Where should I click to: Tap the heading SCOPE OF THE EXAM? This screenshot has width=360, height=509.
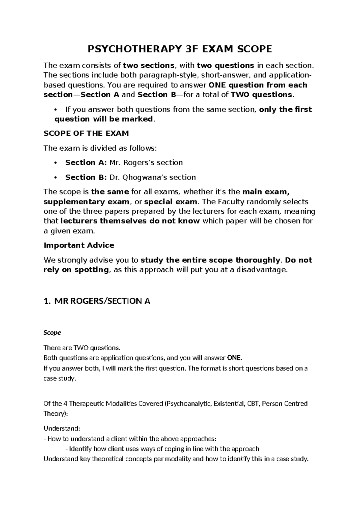click(x=86, y=133)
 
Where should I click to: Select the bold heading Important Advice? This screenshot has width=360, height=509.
click(x=79, y=245)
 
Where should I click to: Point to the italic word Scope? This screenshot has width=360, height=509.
click(x=52, y=333)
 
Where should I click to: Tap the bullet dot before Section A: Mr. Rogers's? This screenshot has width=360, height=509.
click(x=55, y=163)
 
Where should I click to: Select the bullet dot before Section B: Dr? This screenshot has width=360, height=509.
click(x=55, y=178)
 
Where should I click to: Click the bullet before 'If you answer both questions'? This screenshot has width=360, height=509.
click(x=55, y=110)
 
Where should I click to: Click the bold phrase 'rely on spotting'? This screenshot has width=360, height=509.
click(x=76, y=270)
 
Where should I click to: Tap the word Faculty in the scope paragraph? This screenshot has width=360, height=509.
click(x=232, y=201)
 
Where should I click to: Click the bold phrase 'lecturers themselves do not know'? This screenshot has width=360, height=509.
click(x=130, y=221)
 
